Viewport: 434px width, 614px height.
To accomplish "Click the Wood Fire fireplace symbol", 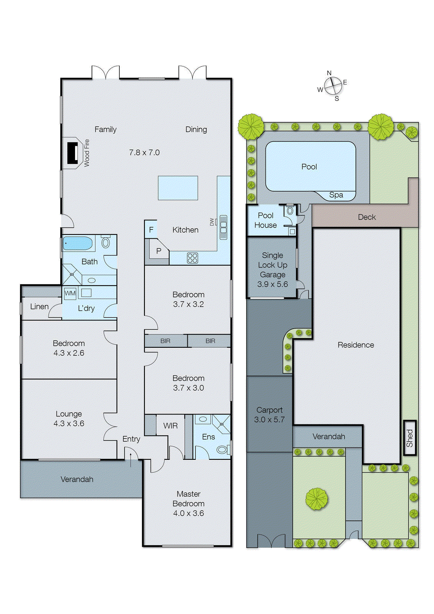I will (73, 153).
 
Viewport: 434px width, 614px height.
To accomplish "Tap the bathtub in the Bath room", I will (78, 243).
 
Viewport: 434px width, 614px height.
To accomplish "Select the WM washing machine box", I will (70, 293).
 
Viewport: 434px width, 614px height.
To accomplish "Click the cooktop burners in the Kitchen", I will (193, 258).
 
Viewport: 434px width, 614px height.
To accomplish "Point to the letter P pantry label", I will (159, 251).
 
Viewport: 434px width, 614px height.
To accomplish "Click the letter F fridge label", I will (151, 230).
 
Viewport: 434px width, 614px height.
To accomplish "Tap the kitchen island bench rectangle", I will (178, 188).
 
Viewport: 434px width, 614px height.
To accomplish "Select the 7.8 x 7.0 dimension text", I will (144, 152).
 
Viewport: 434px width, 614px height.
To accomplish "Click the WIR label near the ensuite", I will (170, 426).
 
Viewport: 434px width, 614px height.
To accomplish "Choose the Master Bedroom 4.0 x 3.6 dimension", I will (188, 513).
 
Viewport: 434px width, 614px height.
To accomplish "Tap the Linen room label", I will (39, 307).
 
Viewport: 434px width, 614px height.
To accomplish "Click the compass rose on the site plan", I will (333, 86).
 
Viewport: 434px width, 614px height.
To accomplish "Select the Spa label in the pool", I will (336, 195).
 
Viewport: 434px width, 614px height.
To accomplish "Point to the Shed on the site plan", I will (409, 438).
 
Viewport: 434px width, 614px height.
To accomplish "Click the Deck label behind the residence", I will (367, 217).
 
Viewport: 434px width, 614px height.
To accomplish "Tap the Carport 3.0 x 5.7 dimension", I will (269, 420).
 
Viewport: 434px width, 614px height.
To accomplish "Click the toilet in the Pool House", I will (290, 211).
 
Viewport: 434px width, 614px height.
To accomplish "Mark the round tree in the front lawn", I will (317, 499).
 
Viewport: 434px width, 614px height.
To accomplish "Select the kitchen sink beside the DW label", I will (223, 227).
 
